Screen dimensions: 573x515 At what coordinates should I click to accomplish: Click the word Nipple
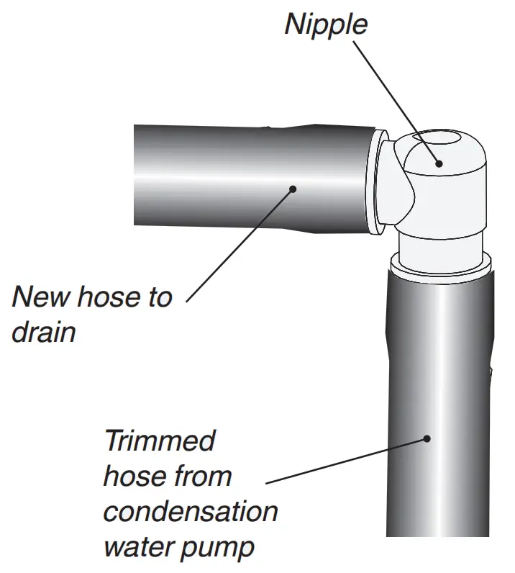[325, 24]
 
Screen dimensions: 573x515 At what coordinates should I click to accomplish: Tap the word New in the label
[43, 297]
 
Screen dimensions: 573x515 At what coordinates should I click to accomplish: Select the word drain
[44, 333]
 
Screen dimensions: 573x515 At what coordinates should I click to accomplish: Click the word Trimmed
[159, 441]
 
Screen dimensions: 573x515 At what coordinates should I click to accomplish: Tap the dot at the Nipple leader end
[439, 163]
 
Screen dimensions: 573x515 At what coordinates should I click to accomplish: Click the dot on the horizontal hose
[293, 189]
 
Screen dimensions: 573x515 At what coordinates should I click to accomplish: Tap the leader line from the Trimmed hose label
[345, 460]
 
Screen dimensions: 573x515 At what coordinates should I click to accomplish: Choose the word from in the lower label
[204, 476]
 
